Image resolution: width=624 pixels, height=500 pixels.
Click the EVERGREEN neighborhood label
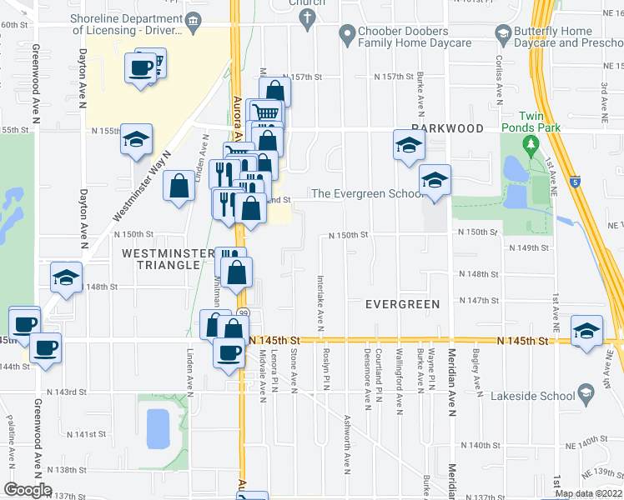402,304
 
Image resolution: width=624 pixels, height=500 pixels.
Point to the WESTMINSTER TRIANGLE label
162,258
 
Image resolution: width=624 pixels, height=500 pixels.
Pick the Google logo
28,490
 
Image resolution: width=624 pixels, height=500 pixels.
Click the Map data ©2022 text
588,493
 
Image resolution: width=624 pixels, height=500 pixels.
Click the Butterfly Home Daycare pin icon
502,34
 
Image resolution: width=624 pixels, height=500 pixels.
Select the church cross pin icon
308,17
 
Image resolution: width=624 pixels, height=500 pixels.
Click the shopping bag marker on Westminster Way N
179,186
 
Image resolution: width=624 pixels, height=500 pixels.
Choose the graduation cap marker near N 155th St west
136,139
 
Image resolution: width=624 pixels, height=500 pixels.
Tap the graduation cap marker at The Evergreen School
434,180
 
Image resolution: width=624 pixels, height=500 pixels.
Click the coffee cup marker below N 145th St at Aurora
228,352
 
